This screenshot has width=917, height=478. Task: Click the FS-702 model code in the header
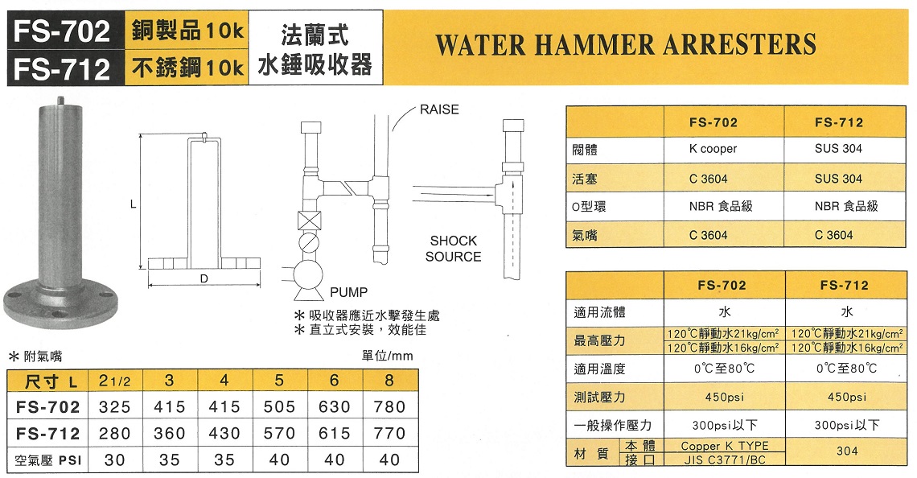pyautogui.click(x=61, y=31)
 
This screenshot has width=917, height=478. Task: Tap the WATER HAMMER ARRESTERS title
pyautogui.click(x=626, y=44)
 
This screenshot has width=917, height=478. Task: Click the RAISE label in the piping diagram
pyautogui.click(x=439, y=109)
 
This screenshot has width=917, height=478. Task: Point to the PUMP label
pyautogui.click(x=348, y=292)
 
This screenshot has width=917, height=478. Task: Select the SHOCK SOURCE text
pyautogui.click(x=453, y=249)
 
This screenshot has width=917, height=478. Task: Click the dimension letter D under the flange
pyautogui.click(x=204, y=279)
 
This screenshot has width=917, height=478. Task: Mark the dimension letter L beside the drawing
pyautogui.click(x=134, y=204)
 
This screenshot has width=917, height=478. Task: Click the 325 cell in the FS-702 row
pyautogui.click(x=114, y=406)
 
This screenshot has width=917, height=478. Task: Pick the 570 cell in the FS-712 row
pyautogui.click(x=280, y=434)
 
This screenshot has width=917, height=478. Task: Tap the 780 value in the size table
pyautogui.click(x=389, y=406)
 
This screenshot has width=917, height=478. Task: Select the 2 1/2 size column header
pyautogui.click(x=114, y=381)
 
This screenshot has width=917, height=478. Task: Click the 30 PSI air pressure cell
pyautogui.click(x=114, y=460)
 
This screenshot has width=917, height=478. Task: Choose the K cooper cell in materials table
pyautogui.click(x=713, y=149)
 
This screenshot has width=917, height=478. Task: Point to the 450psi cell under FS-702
pyautogui.click(x=725, y=397)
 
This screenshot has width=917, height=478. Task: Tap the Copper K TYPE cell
pyautogui.click(x=725, y=446)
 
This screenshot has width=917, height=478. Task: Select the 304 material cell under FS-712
pyautogui.click(x=847, y=451)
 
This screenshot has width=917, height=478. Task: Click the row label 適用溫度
pyautogui.click(x=599, y=369)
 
